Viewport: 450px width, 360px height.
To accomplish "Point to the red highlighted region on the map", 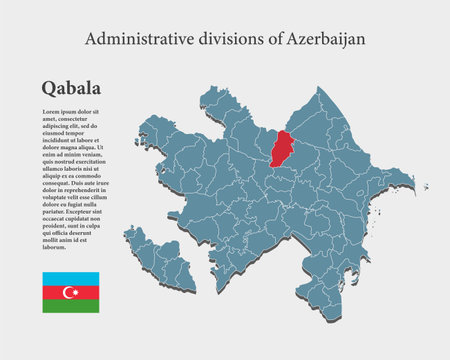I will [x=283, y=149].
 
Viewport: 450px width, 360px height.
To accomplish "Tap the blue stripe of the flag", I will [x=70, y=277].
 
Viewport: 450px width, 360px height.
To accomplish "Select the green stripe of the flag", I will [x=70, y=306].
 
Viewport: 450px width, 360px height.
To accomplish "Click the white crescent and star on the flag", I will [x=70, y=292].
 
